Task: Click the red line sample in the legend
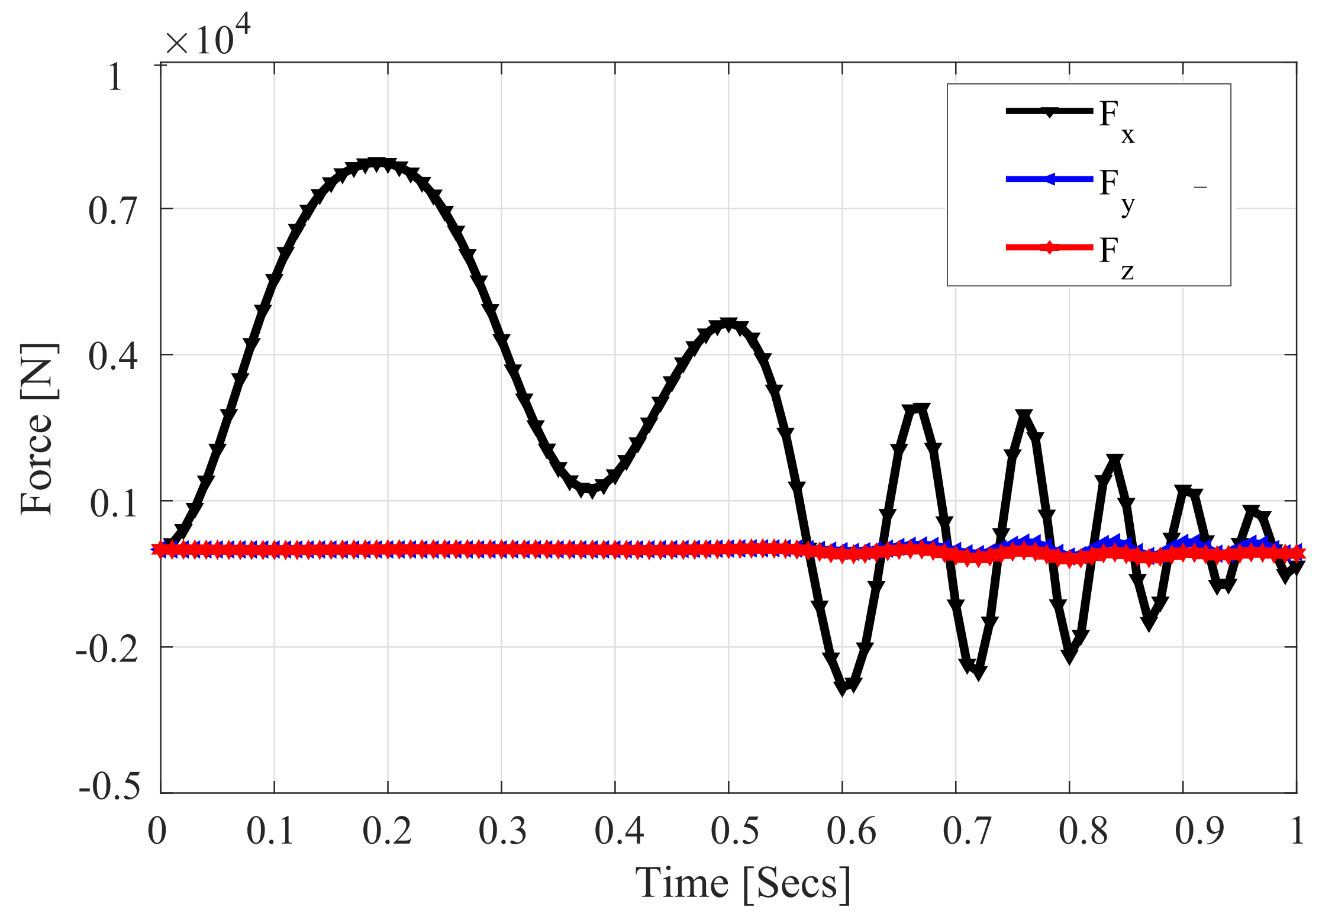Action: pos(1049,247)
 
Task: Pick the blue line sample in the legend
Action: pos(1049,179)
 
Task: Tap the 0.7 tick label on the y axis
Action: pos(113,211)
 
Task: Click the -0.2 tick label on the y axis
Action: pos(107,649)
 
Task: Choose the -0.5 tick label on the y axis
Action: pos(109,788)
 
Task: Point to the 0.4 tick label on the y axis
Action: pos(113,357)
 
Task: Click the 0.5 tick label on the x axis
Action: pos(734,831)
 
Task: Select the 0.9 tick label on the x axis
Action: pos(1199,831)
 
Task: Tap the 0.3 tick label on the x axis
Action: pos(502,831)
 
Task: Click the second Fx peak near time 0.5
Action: pos(728,325)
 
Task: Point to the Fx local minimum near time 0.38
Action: pos(588,489)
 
